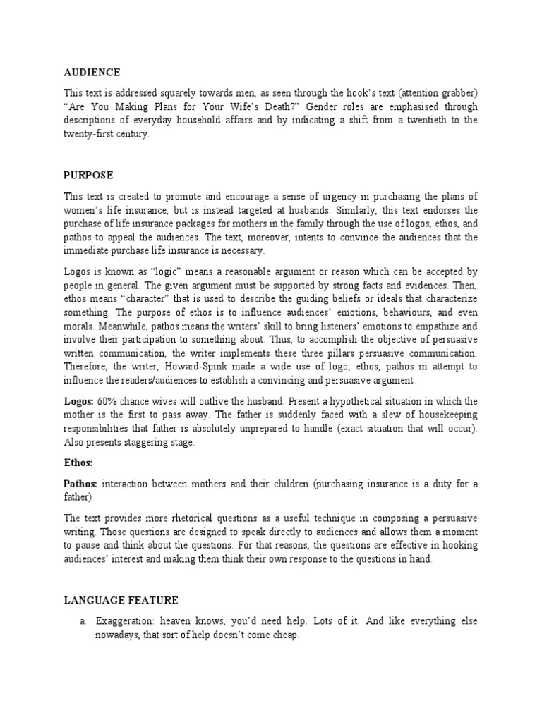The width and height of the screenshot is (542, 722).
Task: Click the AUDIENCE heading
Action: pyautogui.click(x=92, y=73)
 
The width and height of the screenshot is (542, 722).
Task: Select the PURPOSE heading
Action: pyautogui.click(x=88, y=175)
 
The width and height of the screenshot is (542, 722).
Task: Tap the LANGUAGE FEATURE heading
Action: pyautogui.click(x=121, y=600)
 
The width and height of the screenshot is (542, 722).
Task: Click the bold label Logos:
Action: pyautogui.click(x=79, y=401)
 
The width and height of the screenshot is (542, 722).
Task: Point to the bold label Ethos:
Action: pyautogui.click(x=79, y=463)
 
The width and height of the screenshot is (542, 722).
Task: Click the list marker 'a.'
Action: pyautogui.click(x=83, y=621)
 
